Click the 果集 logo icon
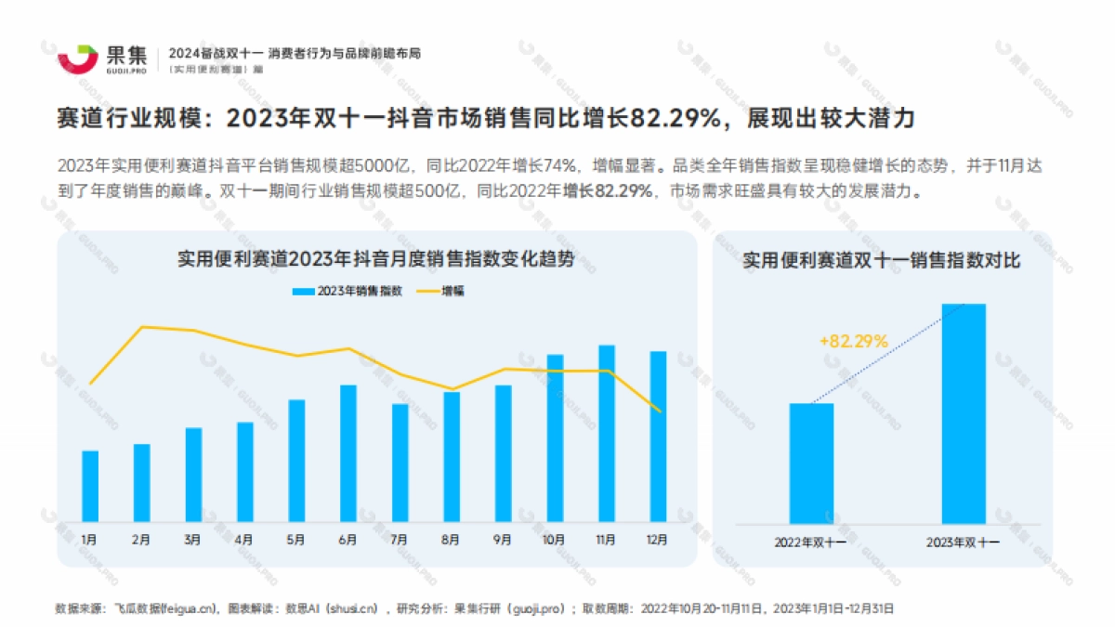pos(78,57)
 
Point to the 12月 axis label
pos(657,539)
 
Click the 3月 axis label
pos(193,539)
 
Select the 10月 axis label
pos(555,539)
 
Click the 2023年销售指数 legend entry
pos(348,291)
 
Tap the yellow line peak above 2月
pos(142,327)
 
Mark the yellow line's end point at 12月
pos(659,411)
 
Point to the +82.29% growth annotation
pos(854,341)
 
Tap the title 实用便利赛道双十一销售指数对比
pos(882,261)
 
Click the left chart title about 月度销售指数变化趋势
pos(375,260)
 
